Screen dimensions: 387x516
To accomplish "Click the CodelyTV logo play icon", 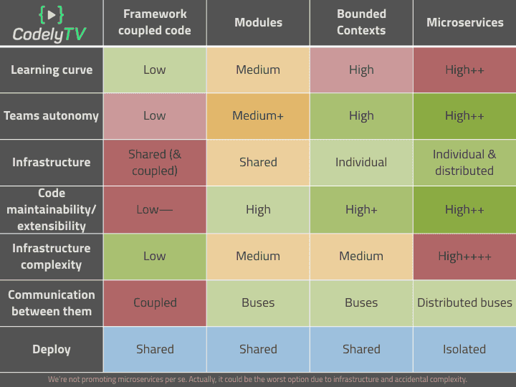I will coord(51,14).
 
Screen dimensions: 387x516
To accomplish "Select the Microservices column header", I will coord(464,22).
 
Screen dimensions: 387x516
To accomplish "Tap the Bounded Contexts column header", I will coord(361,22).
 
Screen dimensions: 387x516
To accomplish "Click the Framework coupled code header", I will coord(155,22).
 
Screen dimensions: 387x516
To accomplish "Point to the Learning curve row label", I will coord(52,70).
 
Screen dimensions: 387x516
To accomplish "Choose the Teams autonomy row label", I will coord(52,115).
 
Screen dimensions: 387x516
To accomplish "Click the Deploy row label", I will coord(52,349).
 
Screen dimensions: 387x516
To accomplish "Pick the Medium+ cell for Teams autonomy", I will coord(258,115).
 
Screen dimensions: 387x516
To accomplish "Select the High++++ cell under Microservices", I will coord(464,256).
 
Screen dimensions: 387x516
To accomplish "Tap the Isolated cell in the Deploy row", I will coord(464,349).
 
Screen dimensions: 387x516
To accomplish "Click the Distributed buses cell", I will coord(464,302).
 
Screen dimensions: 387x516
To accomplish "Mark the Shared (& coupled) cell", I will coord(155,162).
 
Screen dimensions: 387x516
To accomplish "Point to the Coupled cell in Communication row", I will coord(155,302).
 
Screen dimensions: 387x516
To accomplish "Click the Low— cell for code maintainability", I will coord(155,209).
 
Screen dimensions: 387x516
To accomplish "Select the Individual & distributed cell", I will coord(464,162).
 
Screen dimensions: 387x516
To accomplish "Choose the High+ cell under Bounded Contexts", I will coord(361,209).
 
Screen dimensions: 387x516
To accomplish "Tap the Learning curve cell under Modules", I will coord(258,70).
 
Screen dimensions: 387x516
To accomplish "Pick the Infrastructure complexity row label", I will coord(52,256).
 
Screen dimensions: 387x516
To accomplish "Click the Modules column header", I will coord(258,22).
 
